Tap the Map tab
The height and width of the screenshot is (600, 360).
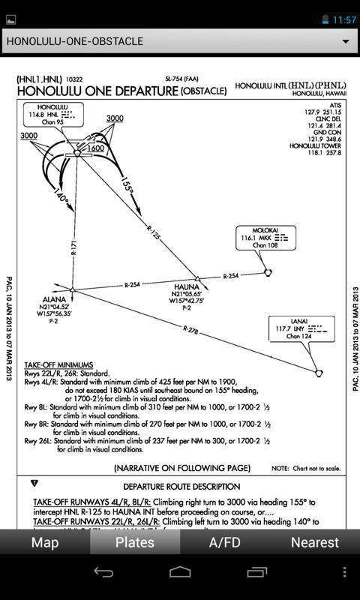pyautogui.click(x=45, y=542)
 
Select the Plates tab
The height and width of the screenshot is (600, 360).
pyautogui.click(x=135, y=542)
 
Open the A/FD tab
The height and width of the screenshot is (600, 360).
pyautogui.click(x=225, y=542)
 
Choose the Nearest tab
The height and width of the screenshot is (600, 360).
pyautogui.click(x=315, y=542)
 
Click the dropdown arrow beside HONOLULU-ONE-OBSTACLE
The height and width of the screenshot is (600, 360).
pyautogui.click(x=346, y=41)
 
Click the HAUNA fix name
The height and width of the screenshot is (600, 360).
pyautogui.click(x=187, y=286)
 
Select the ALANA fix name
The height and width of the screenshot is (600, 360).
pyautogui.click(x=55, y=298)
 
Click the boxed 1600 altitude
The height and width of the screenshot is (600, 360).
pyautogui.click(x=96, y=148)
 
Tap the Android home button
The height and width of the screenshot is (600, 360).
pyautogui.click(x=180, y=572)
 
